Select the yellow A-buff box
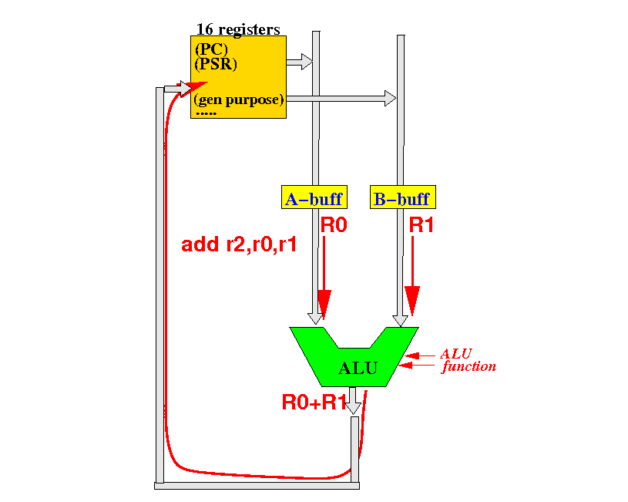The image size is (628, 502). coord(314,197)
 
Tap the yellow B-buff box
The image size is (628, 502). coord(403,197)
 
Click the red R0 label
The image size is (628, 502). coord(334,225)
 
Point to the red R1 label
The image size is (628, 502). coord(421,225)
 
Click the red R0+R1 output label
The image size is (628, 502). coord(314,403)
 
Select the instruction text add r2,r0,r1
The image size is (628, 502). coord(239,244)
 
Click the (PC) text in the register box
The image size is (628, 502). coord(211,49)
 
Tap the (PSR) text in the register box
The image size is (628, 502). coord(216,64)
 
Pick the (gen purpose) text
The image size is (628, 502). coord(239,99)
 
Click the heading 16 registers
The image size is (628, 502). coord(238,29)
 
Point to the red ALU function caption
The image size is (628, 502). coord(468,360)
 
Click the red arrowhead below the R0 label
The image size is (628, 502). coord(324,305)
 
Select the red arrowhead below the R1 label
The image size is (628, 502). coord(412,301)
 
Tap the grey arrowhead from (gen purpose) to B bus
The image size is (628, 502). coord(390,98)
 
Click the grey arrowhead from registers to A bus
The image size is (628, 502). coord(307,62)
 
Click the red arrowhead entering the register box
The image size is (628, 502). coord(194,89)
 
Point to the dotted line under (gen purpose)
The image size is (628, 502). coord(207,114)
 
